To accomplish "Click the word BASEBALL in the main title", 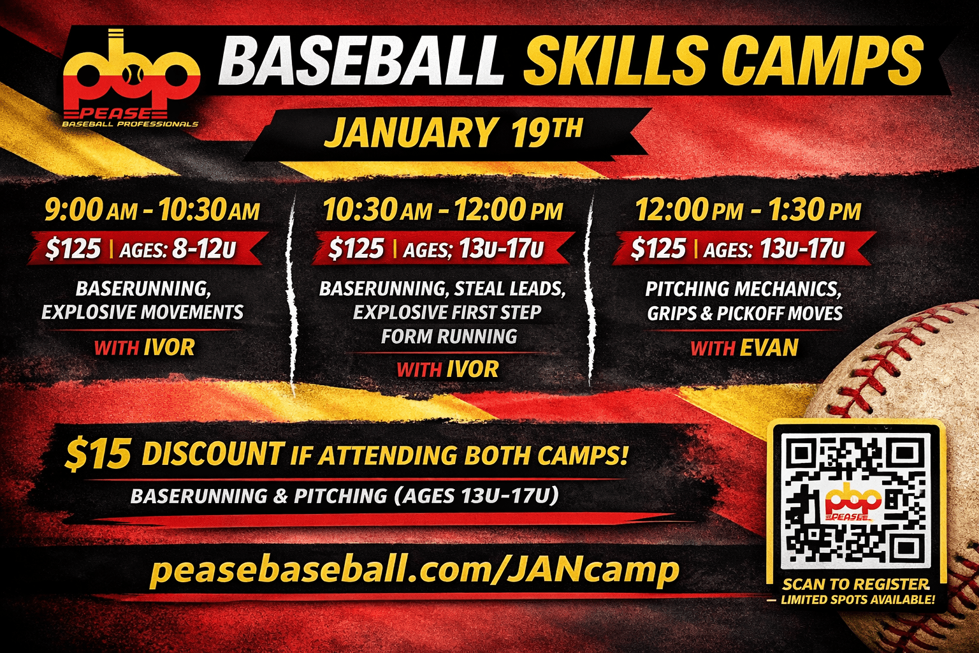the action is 360,61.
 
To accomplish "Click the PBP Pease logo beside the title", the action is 131,78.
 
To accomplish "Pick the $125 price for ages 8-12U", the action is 73,249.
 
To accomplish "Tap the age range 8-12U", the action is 204,249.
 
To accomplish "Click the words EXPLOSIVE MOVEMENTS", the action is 143,312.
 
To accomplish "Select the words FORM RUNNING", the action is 449,336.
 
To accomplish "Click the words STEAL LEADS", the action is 510,289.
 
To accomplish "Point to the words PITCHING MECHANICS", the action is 743,289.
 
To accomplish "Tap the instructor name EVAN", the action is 769,348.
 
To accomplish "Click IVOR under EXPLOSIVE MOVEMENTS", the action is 169,348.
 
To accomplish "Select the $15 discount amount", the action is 98,455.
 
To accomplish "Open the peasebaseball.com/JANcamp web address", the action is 414,569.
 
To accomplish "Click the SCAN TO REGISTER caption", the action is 856,584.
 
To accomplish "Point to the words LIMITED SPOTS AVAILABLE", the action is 857,599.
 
